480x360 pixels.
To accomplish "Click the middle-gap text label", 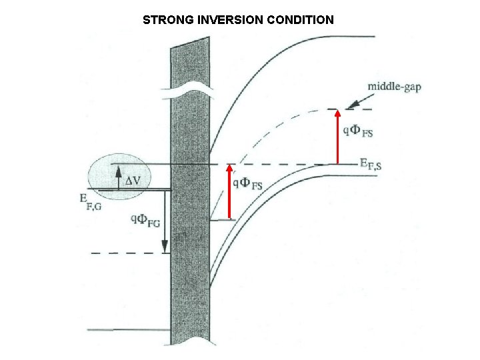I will coord(394,87).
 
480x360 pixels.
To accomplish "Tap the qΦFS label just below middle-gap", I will coord(358,131).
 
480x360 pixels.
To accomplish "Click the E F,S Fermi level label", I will coord(371,163).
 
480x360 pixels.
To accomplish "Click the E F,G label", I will coord(90,201).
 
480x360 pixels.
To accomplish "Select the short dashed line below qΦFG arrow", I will coord(127,253).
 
